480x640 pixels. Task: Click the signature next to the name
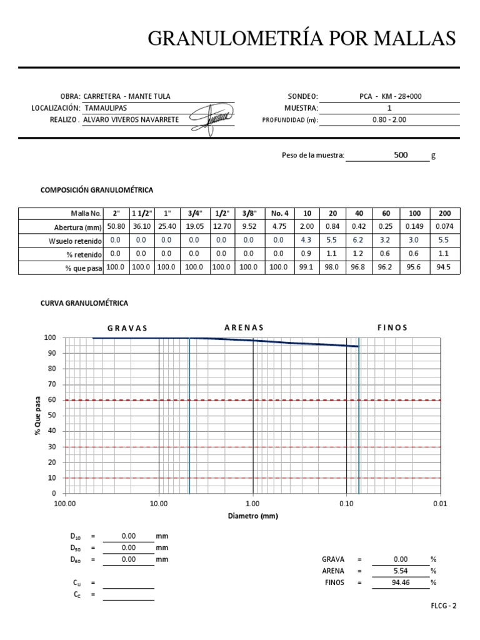pyautogui.click(x=211, y=117)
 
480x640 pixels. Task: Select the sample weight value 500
pyautogui.click(x=401, y=154)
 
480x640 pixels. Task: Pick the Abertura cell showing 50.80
pyautogui.click(x=116, y=227)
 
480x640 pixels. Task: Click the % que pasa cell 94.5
pyautogui.click(x=445, y=267)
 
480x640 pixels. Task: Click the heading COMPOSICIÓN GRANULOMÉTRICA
pyautogui.click(x=97, y=189)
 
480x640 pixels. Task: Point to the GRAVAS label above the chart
pyautogui.click(x=127, y=328)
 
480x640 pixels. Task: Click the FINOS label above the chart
pyautogui.click(x=392, y=327)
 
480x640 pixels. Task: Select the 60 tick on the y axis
pyautogui.click(x=52, y=400)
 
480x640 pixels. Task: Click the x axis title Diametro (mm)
pyautogui.click(x=252, y=516)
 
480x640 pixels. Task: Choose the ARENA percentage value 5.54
pyautogui.click(x=401, y=571)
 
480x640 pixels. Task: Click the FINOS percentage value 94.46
pyautogui.click(x=401, y=582)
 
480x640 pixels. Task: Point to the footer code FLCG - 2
pyautogui.click(x=444, y=606)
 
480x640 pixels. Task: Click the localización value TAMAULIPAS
pyautogui.click(x=105, y=108)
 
